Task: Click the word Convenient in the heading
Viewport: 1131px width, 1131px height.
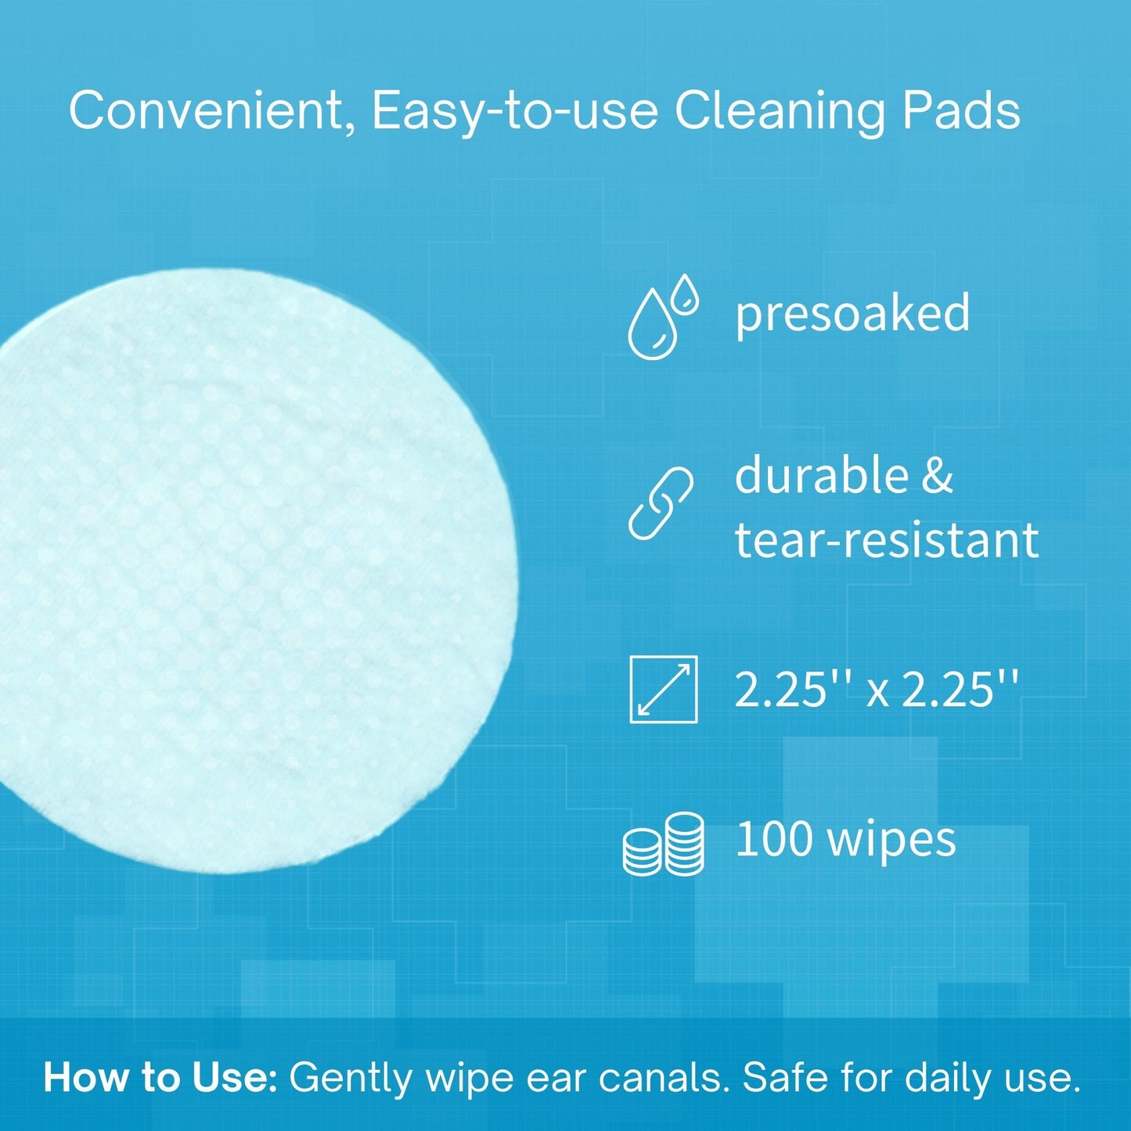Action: [x=207, y=111]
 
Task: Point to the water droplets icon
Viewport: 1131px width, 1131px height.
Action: [x=662, y=317]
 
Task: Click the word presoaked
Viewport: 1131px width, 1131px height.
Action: [x=852, y=313]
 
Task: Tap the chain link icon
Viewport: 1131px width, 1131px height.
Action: [x=661, y=503]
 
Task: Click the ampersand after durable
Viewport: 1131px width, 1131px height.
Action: [x=937, y=476]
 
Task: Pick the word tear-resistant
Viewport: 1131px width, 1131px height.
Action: [x=886, y=540]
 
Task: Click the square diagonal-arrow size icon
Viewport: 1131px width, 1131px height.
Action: [x=663, y=689]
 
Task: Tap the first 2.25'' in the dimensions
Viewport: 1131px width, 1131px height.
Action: [x=793, y=690]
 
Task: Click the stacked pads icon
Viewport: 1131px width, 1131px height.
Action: [x=664, y=844]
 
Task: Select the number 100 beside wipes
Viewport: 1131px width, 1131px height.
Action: [x=773, y=839]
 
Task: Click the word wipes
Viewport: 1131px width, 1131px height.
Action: [x=891, y=841]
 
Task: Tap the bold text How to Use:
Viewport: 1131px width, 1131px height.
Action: [x=160, y=1078]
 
